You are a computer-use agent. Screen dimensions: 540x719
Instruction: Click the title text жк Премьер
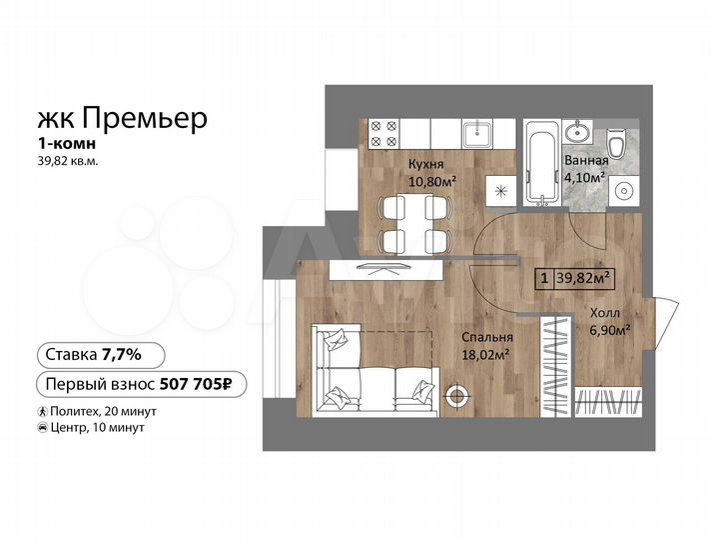123,119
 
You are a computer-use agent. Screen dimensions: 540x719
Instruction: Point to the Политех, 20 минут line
98,411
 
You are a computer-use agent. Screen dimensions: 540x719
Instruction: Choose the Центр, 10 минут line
92,427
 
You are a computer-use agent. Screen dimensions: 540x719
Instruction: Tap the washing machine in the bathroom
625,191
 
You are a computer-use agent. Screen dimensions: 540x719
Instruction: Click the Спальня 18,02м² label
486,345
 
